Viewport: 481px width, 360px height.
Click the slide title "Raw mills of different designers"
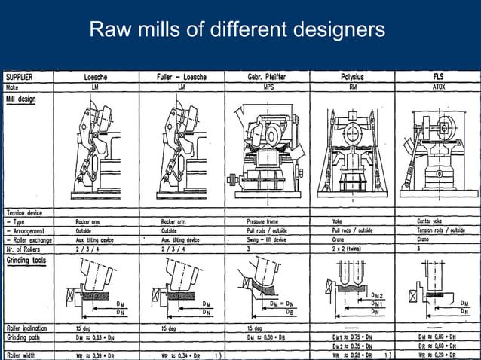(237, 30)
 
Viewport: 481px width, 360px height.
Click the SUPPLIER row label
(20, 77)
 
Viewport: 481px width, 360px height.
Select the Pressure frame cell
(264, 221)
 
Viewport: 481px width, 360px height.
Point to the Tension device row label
(26, 212)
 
